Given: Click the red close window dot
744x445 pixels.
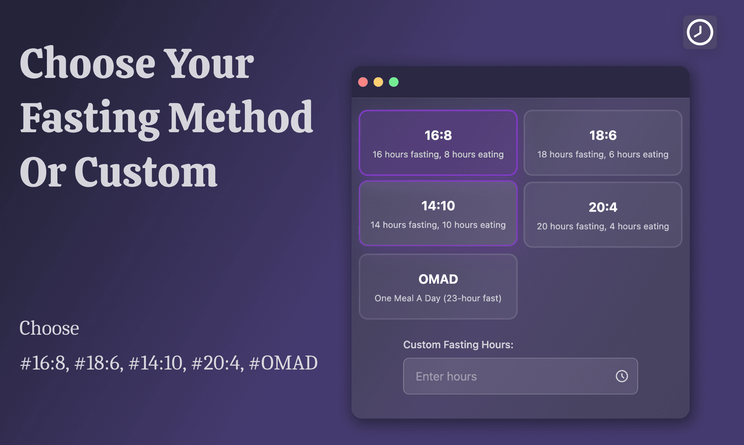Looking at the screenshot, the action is (363, 82).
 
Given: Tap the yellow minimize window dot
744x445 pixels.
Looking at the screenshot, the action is (378, 82).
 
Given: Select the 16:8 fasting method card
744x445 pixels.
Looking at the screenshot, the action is (438, 143).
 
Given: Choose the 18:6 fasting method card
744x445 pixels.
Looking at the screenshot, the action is (603, 143).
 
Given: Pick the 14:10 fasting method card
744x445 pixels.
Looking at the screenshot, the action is (438, 213).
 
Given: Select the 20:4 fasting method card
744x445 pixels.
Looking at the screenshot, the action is (603, 215).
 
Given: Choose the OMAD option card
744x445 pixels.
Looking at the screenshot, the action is (438, 286).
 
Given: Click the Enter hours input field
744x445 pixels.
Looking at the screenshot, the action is (520, 376).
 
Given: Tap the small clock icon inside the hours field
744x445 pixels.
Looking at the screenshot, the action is (622, 376).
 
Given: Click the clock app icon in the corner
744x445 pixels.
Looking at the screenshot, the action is (700, 32).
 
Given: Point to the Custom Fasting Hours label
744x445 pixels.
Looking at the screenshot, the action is (458, 344).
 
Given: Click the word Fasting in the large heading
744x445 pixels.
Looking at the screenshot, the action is (90, 119).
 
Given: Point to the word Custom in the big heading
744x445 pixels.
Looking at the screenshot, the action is (146, 172).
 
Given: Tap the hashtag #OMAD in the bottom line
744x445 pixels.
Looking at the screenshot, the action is (283, 363).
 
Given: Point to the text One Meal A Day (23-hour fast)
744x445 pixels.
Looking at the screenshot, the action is (438, 298).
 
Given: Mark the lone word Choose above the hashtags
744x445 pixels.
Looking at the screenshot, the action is (49, 328).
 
